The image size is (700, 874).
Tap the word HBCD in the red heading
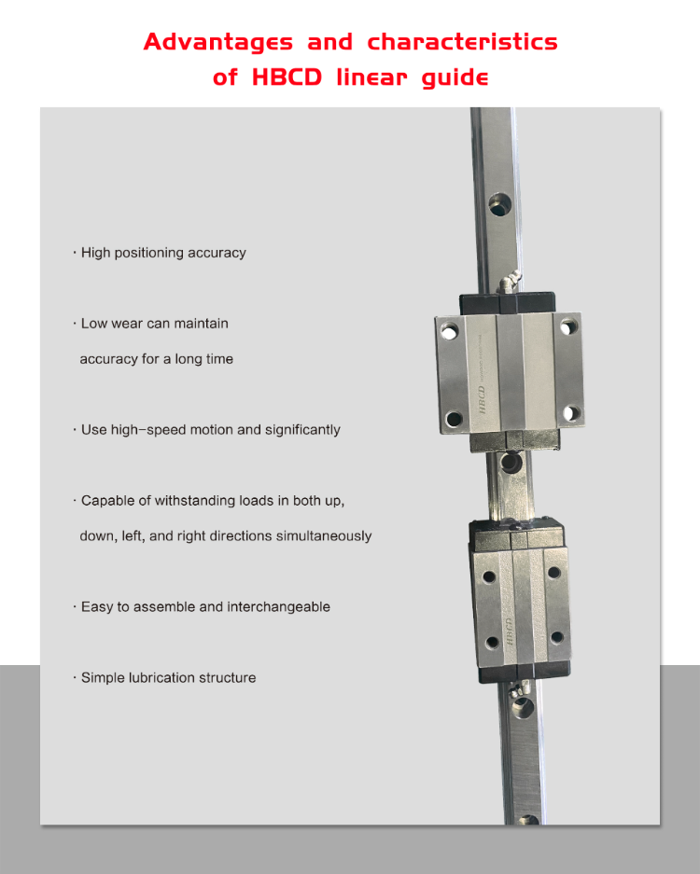(287, 77)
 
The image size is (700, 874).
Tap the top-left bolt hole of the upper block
(450, 330)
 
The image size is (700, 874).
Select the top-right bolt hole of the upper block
(567, 328)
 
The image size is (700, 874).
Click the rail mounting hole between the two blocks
(509, 462)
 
